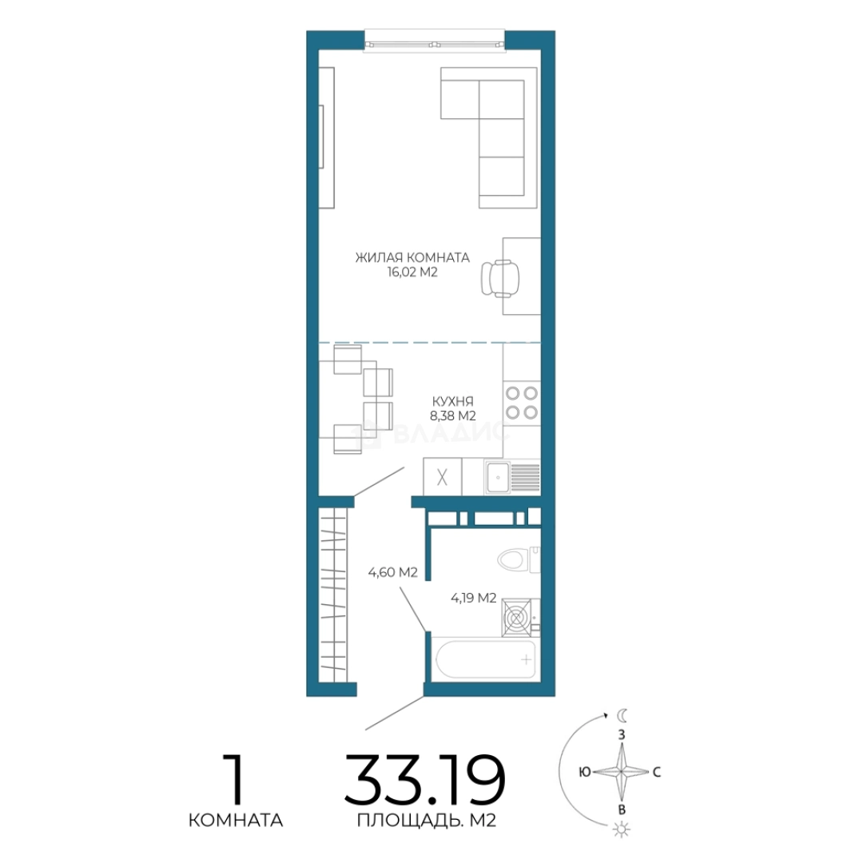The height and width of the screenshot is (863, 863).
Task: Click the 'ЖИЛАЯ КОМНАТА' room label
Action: point(412,257)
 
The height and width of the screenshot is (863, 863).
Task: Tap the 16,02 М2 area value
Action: point(412,272)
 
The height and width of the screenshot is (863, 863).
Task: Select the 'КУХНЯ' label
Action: point(452,401)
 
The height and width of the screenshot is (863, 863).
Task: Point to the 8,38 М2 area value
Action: point(452,416)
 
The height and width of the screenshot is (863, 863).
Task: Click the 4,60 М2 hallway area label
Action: point(393,572)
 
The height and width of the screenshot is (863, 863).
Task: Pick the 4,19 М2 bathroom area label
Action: point(473,598)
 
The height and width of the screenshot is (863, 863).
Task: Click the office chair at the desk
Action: point(499,279)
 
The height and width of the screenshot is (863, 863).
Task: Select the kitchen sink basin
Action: point(498,477)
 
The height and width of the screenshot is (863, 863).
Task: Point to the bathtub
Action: point(485,658)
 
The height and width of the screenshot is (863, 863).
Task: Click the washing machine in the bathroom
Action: point(517,618)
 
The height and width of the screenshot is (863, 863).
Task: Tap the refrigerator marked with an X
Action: point(442,477)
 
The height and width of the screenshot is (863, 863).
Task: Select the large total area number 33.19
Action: point(424,779)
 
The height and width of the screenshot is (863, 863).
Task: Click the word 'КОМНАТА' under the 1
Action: point(236,821)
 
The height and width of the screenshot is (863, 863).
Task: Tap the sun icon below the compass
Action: point(621,829)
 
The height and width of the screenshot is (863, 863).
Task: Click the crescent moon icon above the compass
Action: point(622,715)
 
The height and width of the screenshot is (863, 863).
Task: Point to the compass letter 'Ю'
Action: point(584,772)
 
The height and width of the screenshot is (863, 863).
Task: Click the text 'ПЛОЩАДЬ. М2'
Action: point(427,821)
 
